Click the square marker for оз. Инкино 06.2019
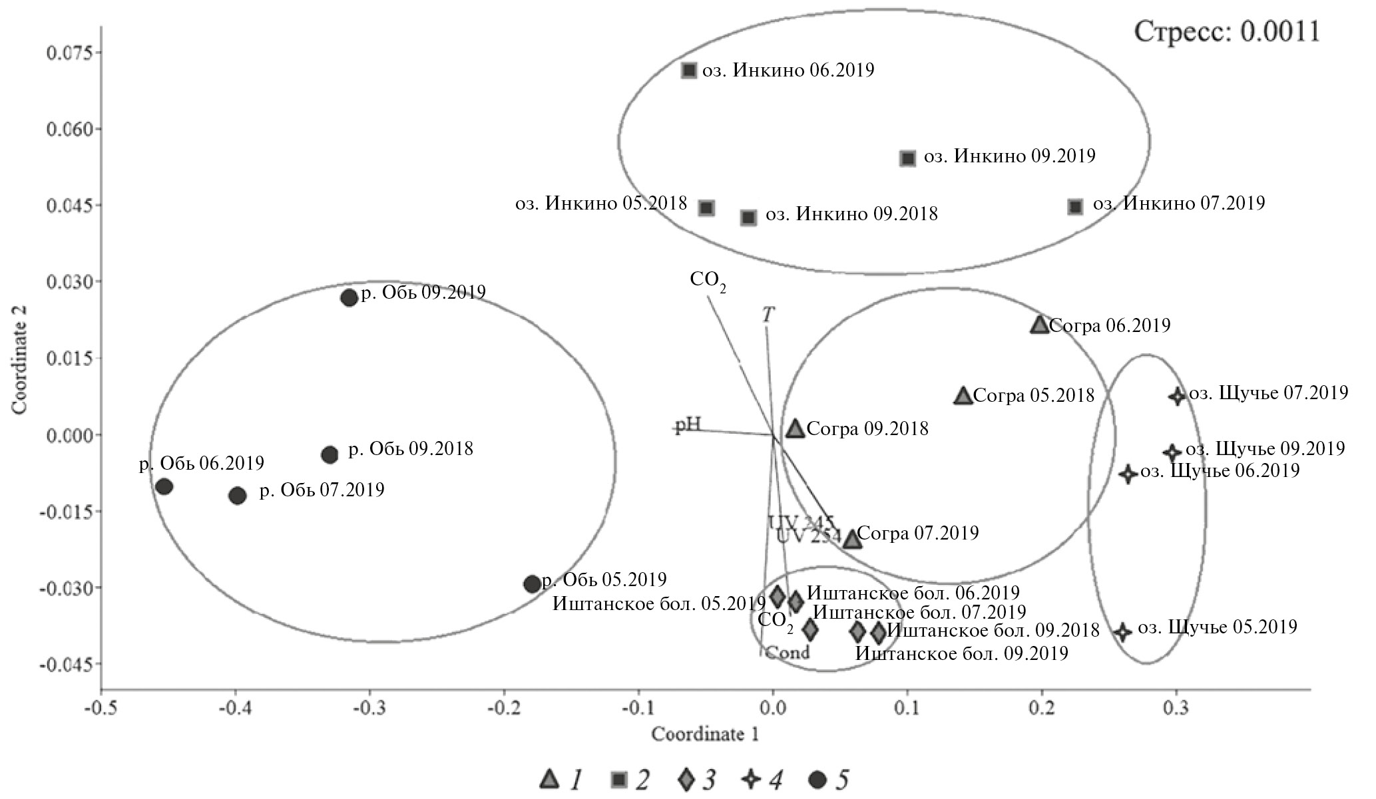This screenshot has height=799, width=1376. (x=689, y=71)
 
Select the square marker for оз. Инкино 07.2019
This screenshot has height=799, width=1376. (x=1075, y=206)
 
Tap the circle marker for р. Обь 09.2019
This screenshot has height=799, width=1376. (x=349, y=297)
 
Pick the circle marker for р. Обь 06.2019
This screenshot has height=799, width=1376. (x=164, y=487)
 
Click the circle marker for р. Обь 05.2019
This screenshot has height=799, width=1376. (x=532, y=584)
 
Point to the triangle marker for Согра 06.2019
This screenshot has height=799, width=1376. (x=1039, y=325)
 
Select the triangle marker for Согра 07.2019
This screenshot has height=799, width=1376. (x=852, y=539)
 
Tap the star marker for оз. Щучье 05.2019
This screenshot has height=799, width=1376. (x=1122, y=631)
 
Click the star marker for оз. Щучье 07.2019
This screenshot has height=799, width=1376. (x=1177, y=397)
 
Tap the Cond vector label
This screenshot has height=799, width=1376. (x=787, y=652)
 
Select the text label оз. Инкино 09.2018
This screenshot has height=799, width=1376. (x=851, y=214)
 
